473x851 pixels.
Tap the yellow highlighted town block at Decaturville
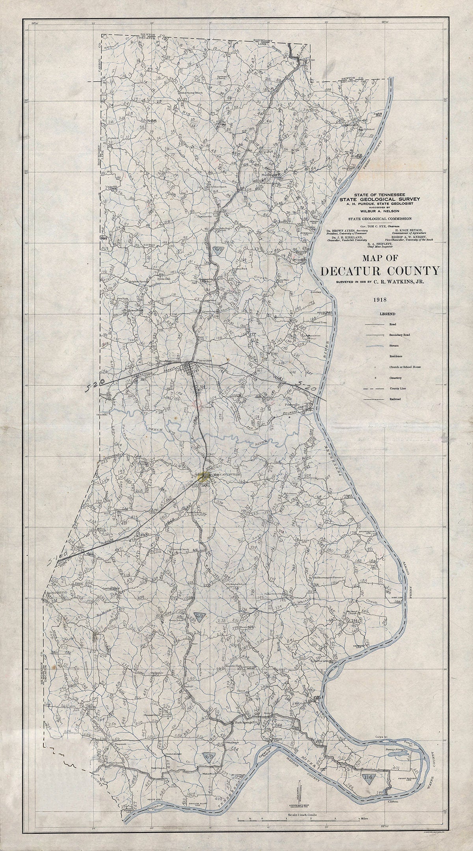205,477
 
